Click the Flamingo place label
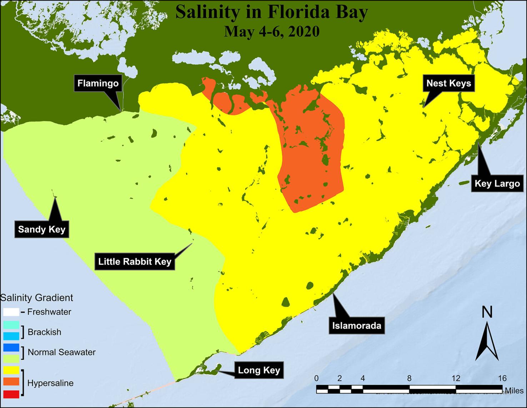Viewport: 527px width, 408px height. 98,84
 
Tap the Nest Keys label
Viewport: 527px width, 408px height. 449,83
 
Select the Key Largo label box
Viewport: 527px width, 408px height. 497,184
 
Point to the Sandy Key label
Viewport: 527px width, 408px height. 42,229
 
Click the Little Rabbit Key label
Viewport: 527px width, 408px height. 135,261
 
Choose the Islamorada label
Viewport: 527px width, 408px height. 357,325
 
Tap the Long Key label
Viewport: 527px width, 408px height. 259,370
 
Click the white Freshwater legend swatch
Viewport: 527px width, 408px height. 11,311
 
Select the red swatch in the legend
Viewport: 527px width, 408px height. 11,394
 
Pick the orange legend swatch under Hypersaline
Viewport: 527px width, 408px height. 11,382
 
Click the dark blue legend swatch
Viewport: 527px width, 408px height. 11,347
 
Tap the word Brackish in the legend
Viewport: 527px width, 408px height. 44,332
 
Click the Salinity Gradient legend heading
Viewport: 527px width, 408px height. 36,298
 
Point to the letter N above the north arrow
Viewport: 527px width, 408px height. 487,312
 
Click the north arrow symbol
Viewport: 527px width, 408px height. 487,341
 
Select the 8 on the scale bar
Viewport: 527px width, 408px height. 409,378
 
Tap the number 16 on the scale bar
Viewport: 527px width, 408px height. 502,378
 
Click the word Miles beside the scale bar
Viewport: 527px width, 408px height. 514,390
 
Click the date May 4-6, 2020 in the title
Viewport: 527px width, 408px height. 271,31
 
